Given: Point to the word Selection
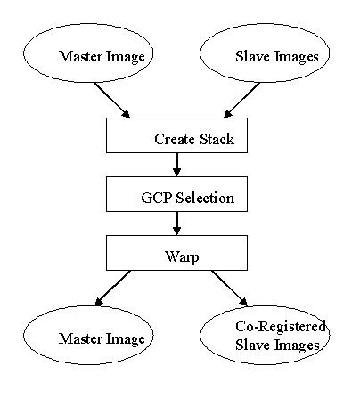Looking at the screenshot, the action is [205, 198].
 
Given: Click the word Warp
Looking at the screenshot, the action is [182, 257].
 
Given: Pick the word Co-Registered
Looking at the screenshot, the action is [281, 326].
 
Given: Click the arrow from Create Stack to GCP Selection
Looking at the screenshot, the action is [176, 165].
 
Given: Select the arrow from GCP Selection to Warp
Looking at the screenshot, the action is [176, 224].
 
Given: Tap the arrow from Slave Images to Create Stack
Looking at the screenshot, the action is [241, 101].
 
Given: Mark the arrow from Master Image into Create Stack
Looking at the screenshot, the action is [112, 101].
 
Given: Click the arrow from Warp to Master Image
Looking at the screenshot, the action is [112, 288].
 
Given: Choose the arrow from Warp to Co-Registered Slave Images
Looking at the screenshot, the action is [229, 288].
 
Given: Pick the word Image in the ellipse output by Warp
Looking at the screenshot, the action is [126, 339].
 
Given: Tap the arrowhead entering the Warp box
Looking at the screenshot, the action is [176, 232].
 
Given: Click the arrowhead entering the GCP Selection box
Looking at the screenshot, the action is [176, 173].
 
